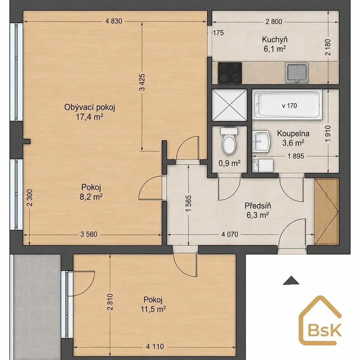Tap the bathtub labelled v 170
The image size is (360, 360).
(x=287, y=105)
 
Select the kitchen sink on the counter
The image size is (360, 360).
(x=297, y=73)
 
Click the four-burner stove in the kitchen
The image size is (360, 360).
(x=230, y=73)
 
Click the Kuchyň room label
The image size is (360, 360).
(x=275, y=40)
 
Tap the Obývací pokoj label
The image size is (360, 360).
(x=90, y=107)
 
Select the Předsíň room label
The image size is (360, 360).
(x=258, y=206)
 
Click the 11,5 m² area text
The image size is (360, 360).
(x=153, y=309)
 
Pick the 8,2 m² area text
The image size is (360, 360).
(x=91, y=197)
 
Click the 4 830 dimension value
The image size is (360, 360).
(x=114, y=21)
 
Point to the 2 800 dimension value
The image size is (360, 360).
(x=274, y=22)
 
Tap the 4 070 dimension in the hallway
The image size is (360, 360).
(x=230, y=234)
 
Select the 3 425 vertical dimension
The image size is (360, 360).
(x=142, y=82)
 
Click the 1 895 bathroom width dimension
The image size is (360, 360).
(x=296, y=156)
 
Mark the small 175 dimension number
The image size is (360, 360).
(x=219, y=33)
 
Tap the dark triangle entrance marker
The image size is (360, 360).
(x=291, y=280)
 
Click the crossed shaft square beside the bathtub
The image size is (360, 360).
(x=229, y=105)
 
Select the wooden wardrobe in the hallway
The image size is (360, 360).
(x=327, y=211)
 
